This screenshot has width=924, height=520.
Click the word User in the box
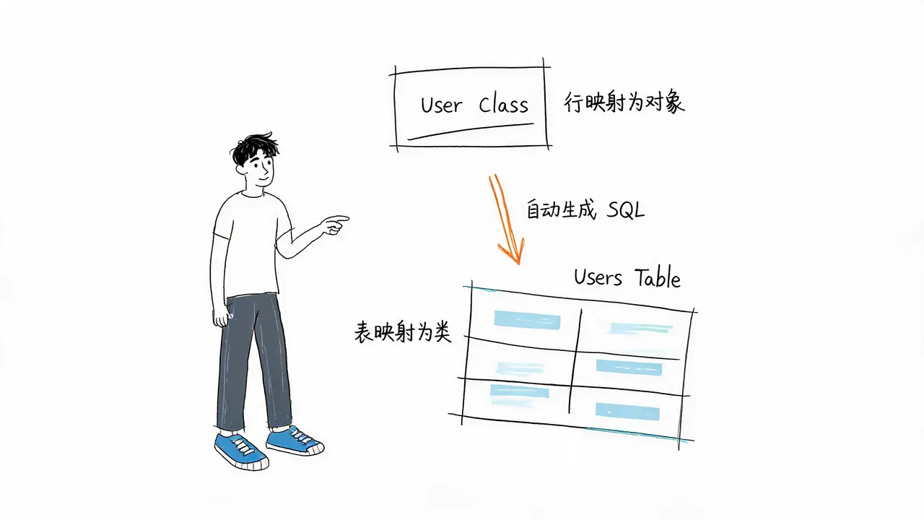pyautogui.click(x=441, y=105)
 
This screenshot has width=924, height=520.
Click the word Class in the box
pyautogui.click(x=503, y=105)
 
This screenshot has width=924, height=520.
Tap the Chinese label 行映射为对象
pyautogui.click(x=624, y=102)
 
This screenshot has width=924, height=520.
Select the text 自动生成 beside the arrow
pyautogui.click(x=561, y=209)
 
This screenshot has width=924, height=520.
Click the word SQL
pyautogui.click(x=625, y=210)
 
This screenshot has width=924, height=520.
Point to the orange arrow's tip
pyautogui.click(x=518, y=264)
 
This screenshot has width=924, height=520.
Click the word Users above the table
pyautogui.click(x=598, y=277)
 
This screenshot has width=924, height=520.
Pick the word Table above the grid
pyautogui.click(x=658, y=278)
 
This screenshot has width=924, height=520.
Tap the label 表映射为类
pyautogui.click(x=403, y=332)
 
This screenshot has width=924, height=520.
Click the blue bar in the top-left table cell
pyautogui.click(x=527, y=320)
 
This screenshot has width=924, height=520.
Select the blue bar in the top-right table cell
pyautogui.click(x=640, y=329)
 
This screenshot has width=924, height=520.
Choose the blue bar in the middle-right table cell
pyautogui.click(x=629, y=368)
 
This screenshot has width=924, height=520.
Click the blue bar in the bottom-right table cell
pyautogui.click(x=627, y=412)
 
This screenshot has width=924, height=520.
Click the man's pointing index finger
pyautogui.click(x=339, y=219)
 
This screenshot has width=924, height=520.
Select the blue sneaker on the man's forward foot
pyautogui.click(x=242, y=451)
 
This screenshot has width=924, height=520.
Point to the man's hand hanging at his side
pyautogui.click(x=222, y=316)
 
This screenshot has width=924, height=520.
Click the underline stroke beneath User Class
pyautogui.click(x=470, y=131)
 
